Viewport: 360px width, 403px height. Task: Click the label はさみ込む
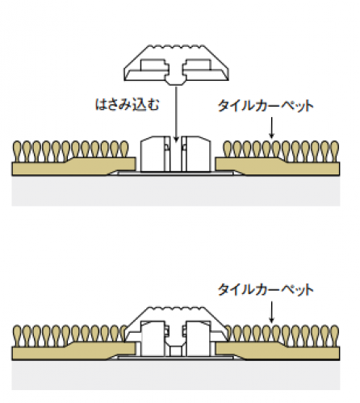(128, 104)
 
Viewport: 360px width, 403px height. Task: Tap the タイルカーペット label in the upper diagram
(266, 106)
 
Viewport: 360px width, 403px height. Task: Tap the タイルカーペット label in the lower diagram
(266, 290)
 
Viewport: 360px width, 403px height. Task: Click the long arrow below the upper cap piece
(176, 114)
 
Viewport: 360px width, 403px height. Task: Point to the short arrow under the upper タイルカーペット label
(271, 128)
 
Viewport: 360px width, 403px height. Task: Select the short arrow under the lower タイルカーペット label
(271, 312)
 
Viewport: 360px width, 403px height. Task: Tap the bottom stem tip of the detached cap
(176, 82)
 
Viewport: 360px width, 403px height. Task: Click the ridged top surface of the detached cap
(176, 48)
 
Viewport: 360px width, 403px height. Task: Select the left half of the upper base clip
(155, 154)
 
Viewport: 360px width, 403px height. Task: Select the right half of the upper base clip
(196, 154)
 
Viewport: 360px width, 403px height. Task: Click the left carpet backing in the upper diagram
(73, 166)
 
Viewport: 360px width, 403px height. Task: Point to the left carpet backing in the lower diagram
(73, 351)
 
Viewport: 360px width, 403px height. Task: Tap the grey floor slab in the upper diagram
(176, 191)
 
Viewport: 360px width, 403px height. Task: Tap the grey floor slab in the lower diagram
(176, 375)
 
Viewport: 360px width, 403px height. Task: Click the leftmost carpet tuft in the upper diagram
(17, 151)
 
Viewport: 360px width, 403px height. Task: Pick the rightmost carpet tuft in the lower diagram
(334, 335)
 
